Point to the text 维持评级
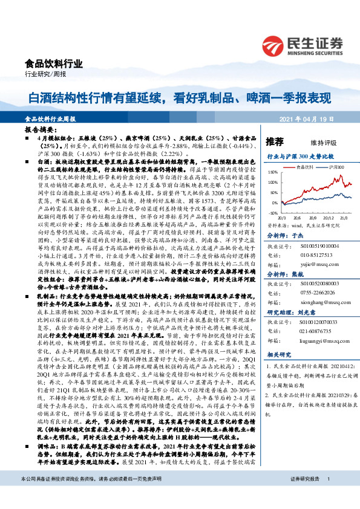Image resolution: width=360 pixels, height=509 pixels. click(324, 143)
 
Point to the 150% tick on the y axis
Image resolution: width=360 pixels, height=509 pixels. click(273, 173)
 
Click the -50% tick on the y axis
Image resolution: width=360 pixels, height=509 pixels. click(274, 213)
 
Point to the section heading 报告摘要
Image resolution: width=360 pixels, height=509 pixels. click(41, 130)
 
